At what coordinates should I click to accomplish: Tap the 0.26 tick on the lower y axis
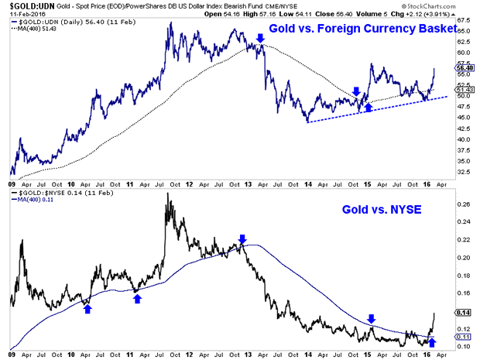pos(464,205)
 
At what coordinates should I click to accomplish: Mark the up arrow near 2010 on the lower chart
pos(87,308)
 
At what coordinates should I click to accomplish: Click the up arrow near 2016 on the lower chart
pos(432,341)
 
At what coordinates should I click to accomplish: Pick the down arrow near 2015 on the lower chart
pos(372,318)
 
